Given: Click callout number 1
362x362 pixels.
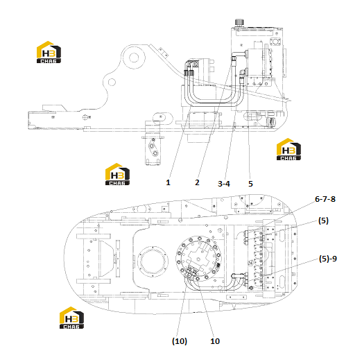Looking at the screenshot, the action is (168, 182).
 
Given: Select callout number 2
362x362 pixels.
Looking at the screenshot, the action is (197, 182).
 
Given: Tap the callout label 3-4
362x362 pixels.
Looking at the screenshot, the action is (224, 184).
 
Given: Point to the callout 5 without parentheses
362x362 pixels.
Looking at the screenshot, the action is (250, 184).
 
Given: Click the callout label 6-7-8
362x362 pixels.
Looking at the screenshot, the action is (325, 199).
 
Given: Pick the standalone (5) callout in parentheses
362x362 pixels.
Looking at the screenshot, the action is (323, 221).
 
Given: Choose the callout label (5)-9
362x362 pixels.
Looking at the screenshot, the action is (328, 259).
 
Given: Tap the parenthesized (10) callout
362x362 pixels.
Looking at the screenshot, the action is (180, 341).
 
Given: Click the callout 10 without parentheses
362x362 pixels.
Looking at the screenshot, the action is (215, 341).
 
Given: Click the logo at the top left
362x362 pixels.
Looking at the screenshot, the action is (49, 52).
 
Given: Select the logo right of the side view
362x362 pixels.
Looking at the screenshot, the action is (288, 149).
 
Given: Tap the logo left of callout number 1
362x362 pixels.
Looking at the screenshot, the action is (117, 174).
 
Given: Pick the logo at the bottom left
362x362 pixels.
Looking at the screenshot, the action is (71, 318).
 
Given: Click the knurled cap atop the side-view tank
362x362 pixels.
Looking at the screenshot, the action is (239, 23).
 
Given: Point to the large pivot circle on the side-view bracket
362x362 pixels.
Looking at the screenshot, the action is (133, 57).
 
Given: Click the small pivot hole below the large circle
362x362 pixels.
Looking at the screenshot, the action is (112, 82).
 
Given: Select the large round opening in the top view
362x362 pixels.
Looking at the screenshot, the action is (153, 261).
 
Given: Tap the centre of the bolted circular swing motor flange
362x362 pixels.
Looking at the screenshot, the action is (199, 259).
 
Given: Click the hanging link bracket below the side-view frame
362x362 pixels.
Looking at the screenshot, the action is (153, 150).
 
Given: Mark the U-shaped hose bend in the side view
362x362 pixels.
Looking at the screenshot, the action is (214, 103).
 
